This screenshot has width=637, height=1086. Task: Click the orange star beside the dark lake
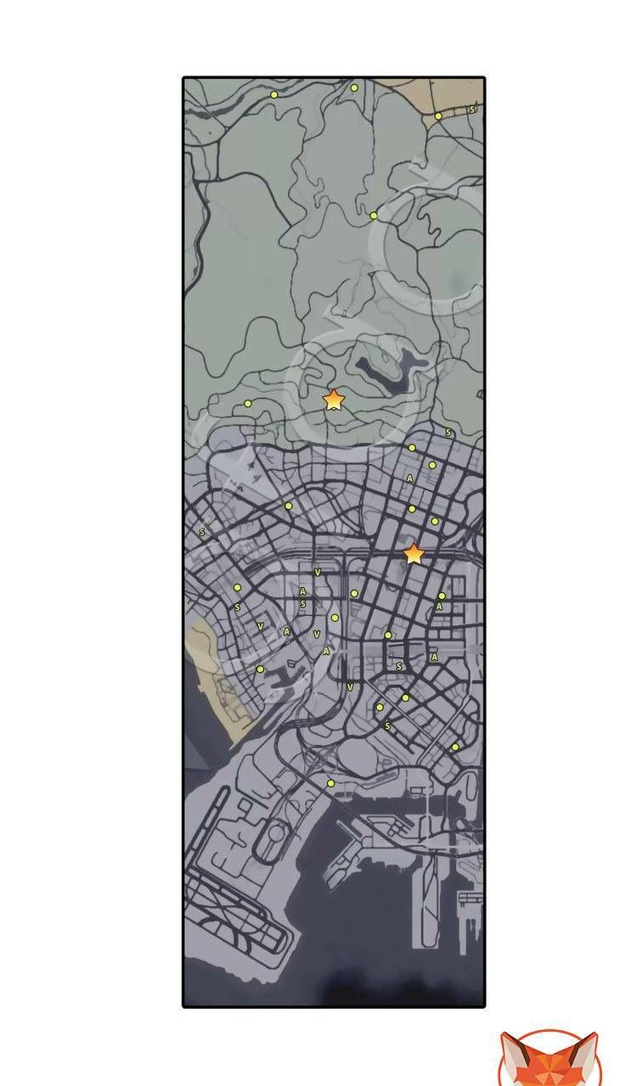coord(334,399)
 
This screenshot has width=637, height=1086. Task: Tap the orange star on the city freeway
coord(414,554)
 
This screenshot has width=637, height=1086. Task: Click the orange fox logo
coord(548,1060)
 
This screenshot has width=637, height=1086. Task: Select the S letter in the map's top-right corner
coord(472,109)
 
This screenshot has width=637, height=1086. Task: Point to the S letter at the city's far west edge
coord(202,532)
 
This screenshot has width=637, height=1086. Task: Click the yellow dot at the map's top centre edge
coord(354,87)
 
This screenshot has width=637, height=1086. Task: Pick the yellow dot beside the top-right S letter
coord(438,116)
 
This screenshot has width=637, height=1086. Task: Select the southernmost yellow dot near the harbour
coord(330,783)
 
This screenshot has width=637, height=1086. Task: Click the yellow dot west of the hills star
coord(248,403)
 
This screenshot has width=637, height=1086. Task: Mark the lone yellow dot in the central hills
coord(373,216)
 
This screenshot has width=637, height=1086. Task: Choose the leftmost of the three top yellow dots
coord(273,95)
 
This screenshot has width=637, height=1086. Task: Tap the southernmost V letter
coord(350,686)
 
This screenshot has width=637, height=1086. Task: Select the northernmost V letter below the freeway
coord(318,573)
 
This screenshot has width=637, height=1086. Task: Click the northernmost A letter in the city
coord(410,479)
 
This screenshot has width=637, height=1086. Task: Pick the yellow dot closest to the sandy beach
coord(260,669)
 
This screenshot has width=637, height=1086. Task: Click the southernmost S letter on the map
coord(387,726)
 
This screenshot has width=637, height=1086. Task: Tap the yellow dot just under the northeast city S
coord(412,447)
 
